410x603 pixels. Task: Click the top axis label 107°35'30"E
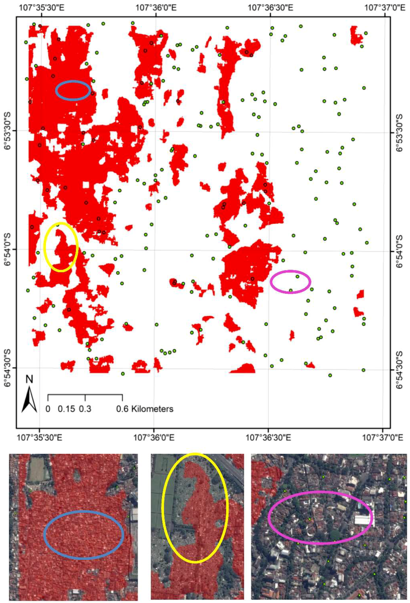pyautogui.click(x=41, y=8)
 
